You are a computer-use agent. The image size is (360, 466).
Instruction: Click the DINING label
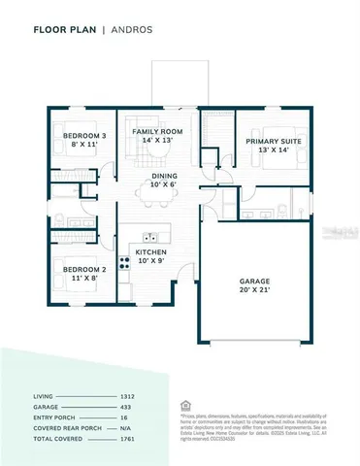(x=164, y=176)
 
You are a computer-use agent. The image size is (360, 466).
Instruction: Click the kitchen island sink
(x=150, y=236)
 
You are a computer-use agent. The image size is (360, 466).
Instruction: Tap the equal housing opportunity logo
(x=186, y=405)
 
